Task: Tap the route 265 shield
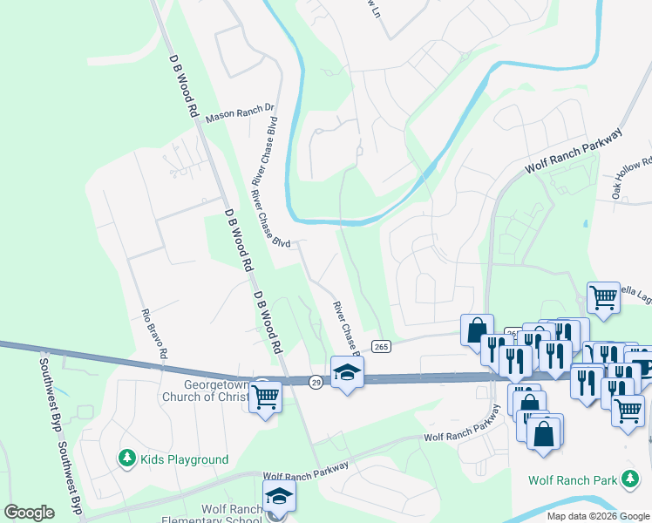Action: click(x=381, y=347)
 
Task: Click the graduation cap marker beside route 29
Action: click(x=347, y=372)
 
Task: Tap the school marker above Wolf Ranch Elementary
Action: click(x=279, y=497)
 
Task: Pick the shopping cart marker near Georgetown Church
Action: click(x=266, y=396)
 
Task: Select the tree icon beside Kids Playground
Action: click(x=127, y=458)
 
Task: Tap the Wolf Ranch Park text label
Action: click(x=572, y=480)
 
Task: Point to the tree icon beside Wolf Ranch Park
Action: click(x=628, y=479)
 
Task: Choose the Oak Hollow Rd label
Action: click(x=632, y=179)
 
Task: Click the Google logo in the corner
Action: click(x=29, y=512)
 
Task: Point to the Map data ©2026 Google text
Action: click(x=598, y=516)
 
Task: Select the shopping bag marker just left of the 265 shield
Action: click(x=477, y=331)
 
